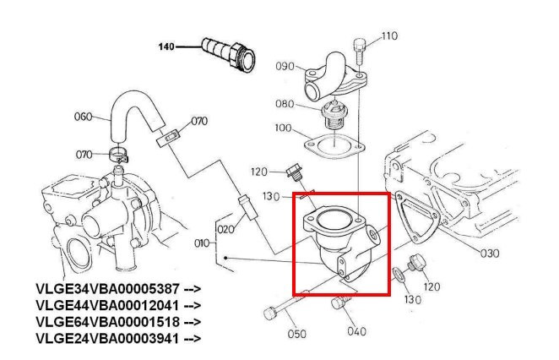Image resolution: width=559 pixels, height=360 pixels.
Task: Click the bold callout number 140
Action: click(166, 46)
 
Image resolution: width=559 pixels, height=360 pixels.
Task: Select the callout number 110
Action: click(389, 36)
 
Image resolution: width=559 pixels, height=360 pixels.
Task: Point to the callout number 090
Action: click(285, 67)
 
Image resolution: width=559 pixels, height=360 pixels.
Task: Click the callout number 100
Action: click(283, 128)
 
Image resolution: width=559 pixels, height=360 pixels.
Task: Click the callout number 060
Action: click(83, 117)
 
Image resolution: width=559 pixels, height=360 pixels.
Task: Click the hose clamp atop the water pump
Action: click(119, 155)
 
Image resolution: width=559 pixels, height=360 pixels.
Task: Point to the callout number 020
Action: click(226, 229)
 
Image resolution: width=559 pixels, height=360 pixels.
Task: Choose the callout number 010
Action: click(202, 243)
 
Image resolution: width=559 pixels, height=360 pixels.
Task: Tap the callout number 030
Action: click(490, 254)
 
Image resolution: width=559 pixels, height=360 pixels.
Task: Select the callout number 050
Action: click(296, 334)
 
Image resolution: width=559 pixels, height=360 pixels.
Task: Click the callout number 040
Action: click(356, 331)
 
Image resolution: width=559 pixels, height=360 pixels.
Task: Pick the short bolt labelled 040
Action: click(339, 303)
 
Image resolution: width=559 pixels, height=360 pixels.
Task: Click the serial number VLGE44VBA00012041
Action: click(107, 305)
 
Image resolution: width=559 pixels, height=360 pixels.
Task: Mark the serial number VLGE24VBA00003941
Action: click(107, 338)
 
